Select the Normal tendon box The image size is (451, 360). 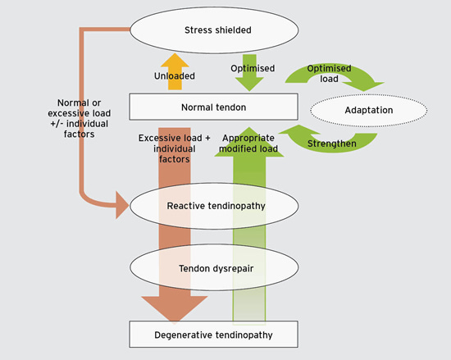(x=212, y=107)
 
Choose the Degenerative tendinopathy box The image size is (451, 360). (x=212, y=335)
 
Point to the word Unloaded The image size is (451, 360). (x=174, y=76)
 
